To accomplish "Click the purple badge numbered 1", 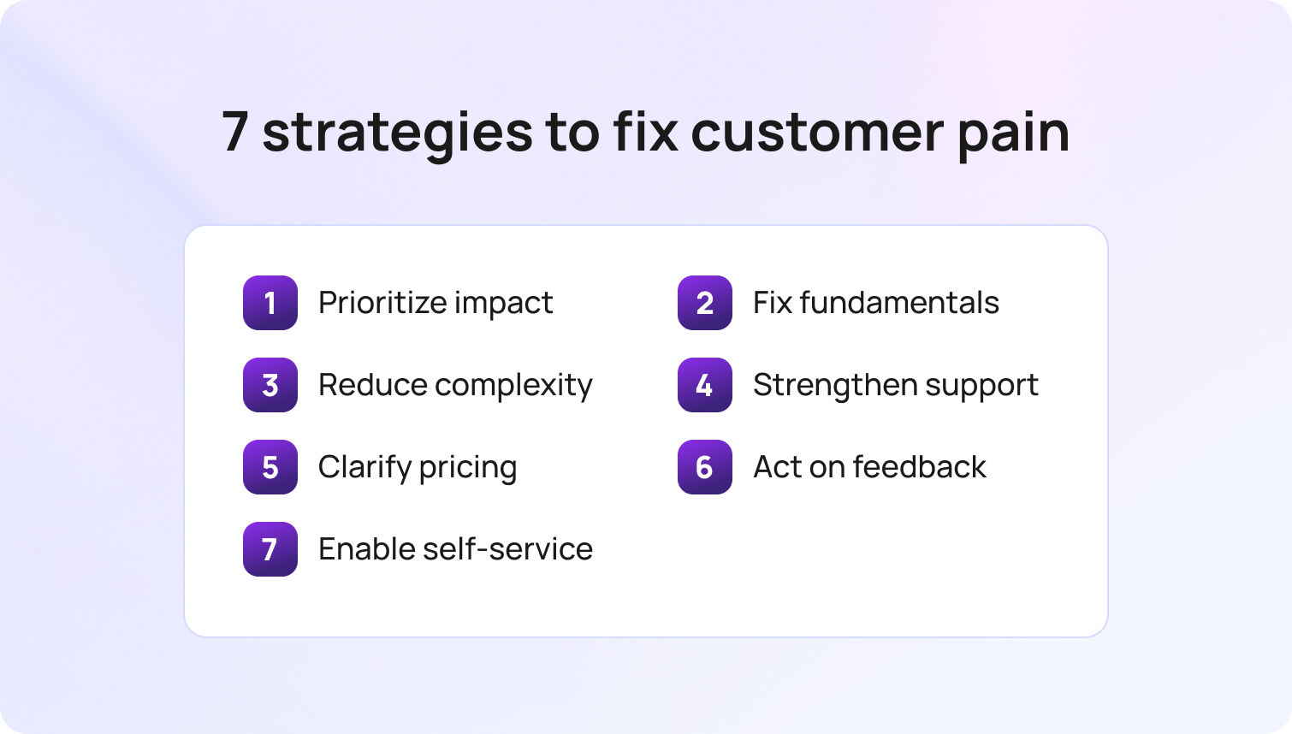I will click(x=270, y=303).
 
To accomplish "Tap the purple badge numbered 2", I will click(x=705, y=303).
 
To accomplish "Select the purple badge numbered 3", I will click(x=270, y=385).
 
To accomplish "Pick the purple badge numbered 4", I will click(x=705, y=385).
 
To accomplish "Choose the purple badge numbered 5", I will click(x=270, y=467).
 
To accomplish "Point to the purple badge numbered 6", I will click(x=705, y=467).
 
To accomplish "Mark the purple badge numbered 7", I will click(x=270, y=549).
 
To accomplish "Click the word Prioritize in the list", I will click(x=382, y=303).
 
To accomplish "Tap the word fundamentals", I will click(x=899, y=303).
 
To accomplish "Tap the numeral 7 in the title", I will click(x=235, y=132).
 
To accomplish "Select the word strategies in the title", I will click(x=398, y=133).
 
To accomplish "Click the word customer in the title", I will click(x=817, y=133).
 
